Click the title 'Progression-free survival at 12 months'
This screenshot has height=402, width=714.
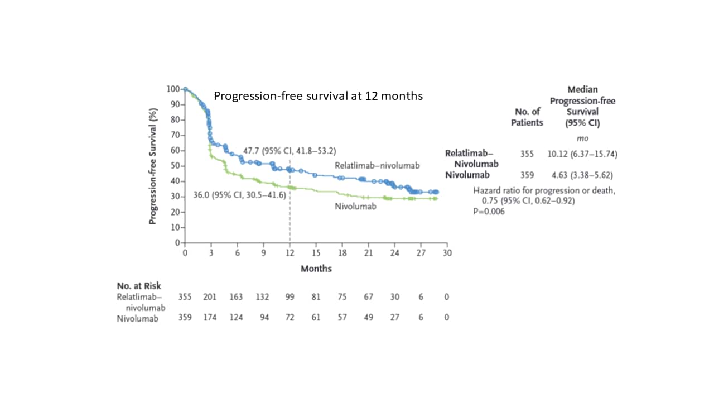click(318, 96)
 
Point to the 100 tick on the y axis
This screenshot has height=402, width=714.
click(173, 89)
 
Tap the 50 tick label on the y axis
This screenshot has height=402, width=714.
click(175, 166)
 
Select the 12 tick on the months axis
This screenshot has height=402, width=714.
click(290, 253)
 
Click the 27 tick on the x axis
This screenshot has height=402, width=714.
click(421, 253)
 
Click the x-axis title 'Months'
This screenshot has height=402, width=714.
click(316, 269)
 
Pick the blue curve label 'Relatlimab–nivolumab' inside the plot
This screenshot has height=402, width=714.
click(377, 165)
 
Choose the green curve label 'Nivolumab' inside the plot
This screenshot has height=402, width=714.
click(355, 206)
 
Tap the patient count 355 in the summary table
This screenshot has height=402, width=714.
click(527, 154)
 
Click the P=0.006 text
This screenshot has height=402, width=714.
click(489, 211)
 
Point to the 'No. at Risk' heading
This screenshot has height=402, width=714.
click(138, 286)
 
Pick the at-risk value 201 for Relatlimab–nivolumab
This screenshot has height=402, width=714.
click(211, 297)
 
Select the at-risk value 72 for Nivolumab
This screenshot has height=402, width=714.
click(290, 318)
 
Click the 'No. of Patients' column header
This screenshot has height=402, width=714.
click(527, 117)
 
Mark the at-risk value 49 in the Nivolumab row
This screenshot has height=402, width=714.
click(368, 318)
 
